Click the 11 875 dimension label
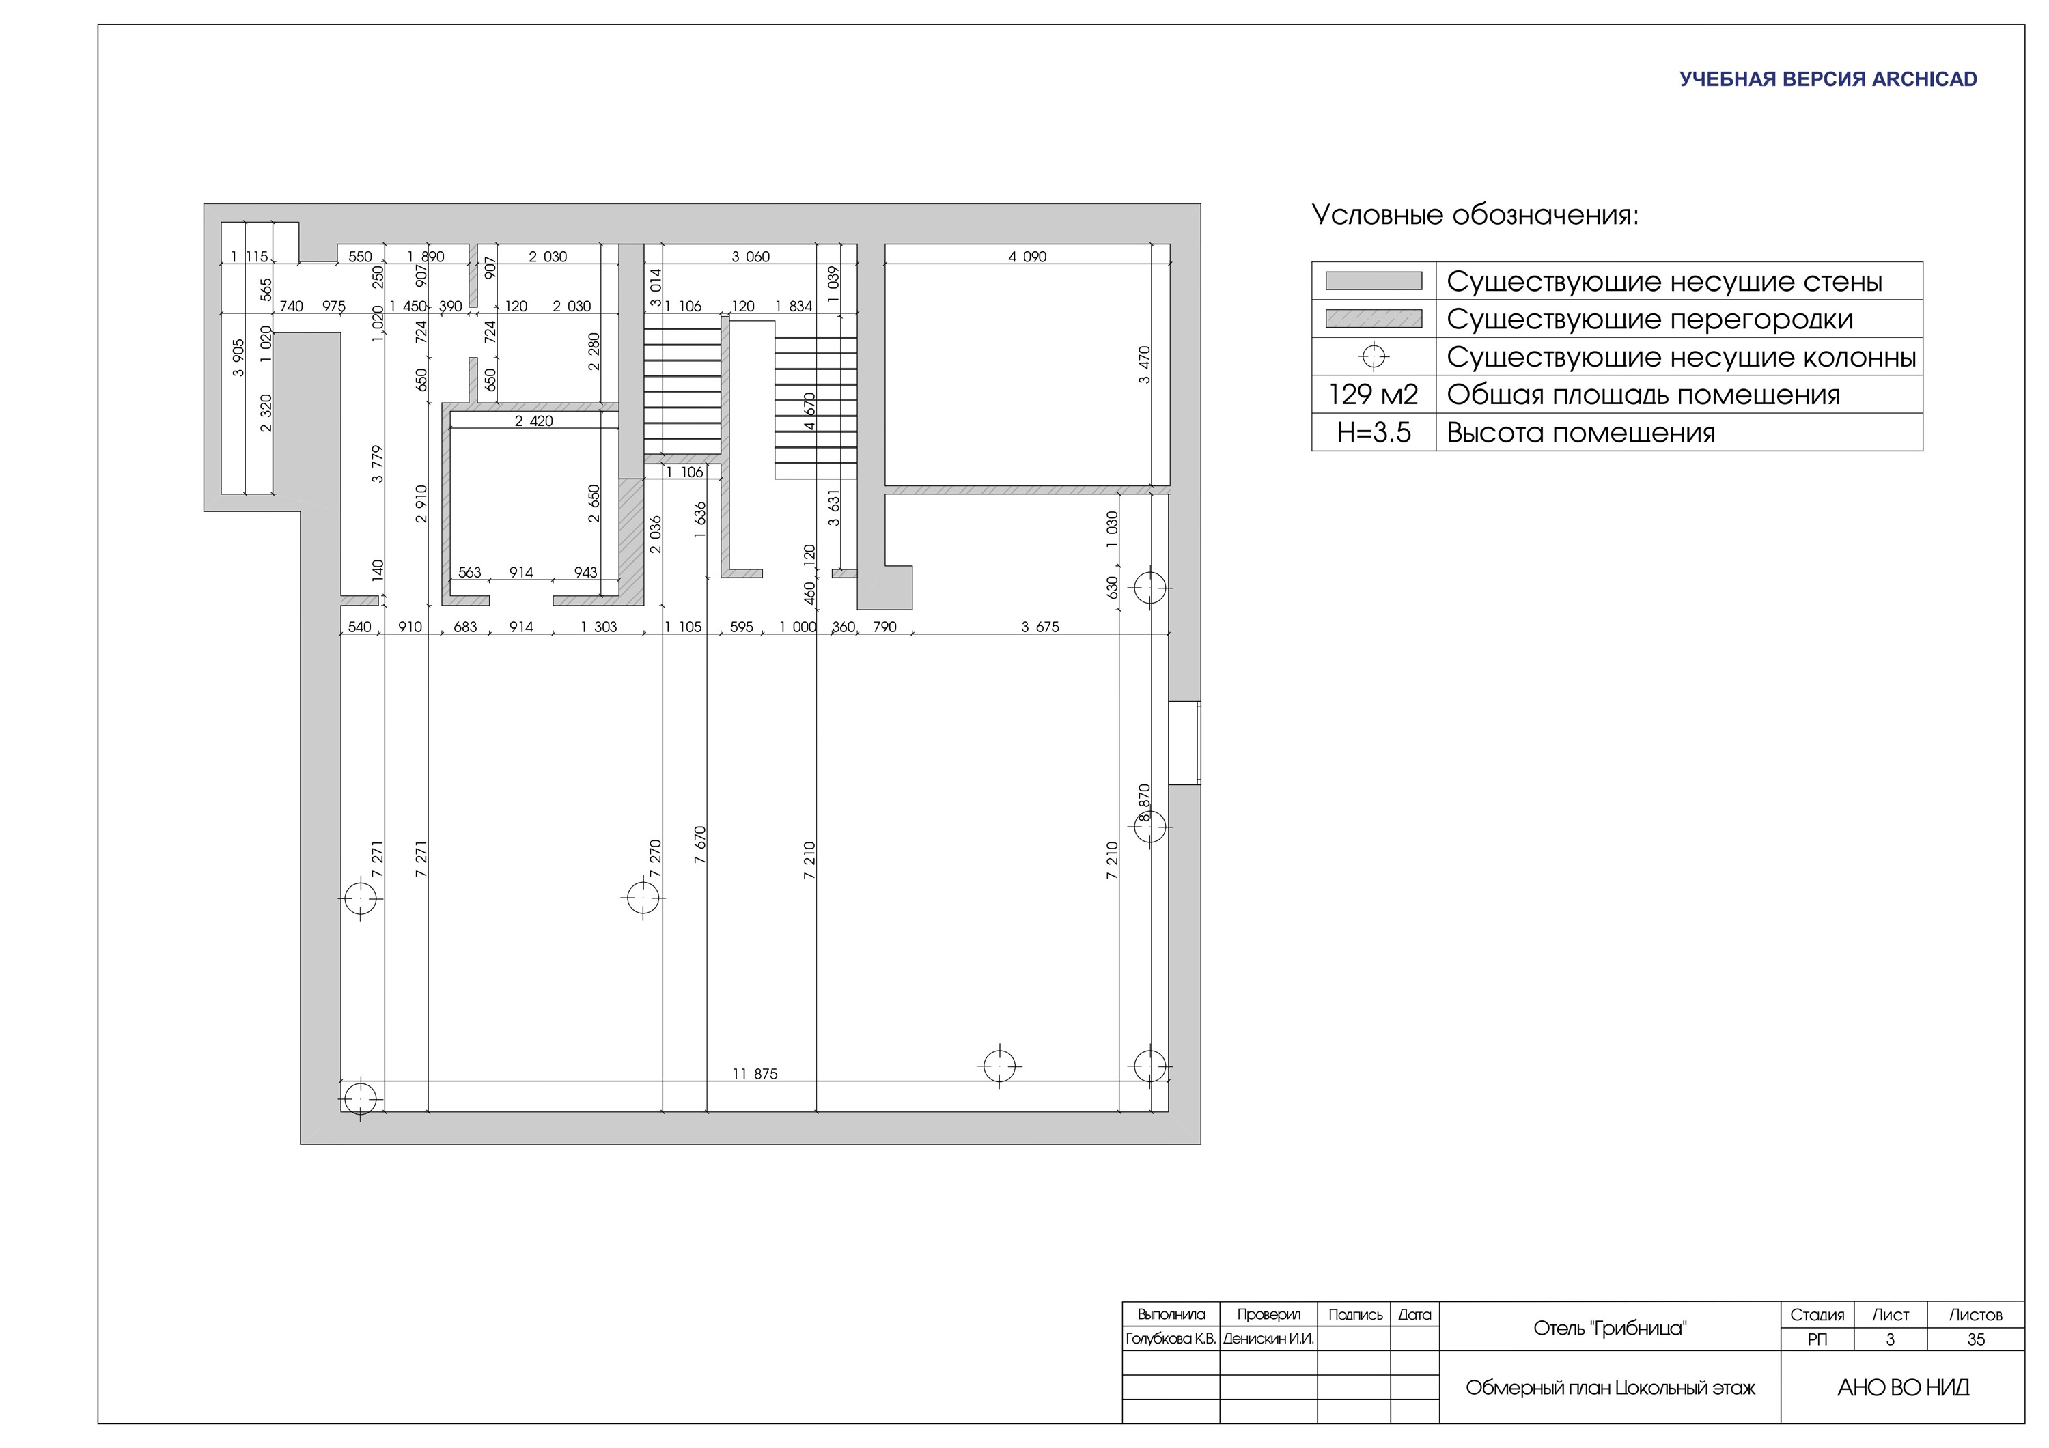coord(755,1074)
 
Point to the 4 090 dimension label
coord(1027,257)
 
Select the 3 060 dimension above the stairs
coord(751,257)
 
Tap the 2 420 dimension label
coord(533,421)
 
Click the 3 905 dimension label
coord(238,358)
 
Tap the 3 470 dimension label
coord(1145,365)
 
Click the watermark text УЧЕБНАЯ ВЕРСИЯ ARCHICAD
coord(1828,79)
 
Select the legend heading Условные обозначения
coord(1475,215)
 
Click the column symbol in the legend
coord(1374,357)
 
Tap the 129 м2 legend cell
coord(1374,395)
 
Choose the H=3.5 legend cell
coord(1374,433)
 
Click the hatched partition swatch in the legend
coord(1374,319)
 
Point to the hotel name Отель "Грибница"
coord(1610,1329)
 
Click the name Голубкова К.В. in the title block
coord(1171,1339)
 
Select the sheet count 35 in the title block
coord(1976,1339)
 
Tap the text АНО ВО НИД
coord(1903,1387)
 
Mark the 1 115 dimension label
coord(249,257)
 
